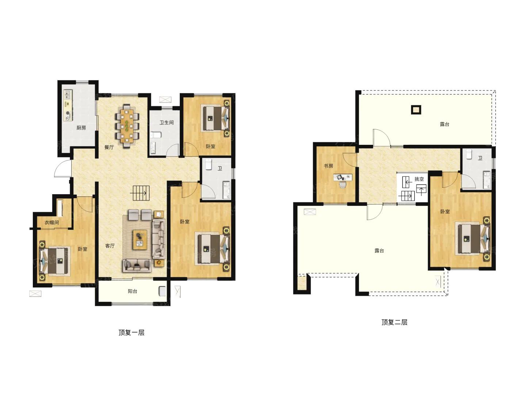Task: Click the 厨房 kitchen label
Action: click(81, 128)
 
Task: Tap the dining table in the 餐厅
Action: click(127, 125)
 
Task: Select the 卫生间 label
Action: click(167, 123)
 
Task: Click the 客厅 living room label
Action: click(110, 245)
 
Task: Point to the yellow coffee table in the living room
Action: click(140, 240)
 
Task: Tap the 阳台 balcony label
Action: click(132, 291)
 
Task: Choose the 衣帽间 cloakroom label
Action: click(52, 222)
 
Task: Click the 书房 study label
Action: click(328, 166)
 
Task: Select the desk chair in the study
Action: click(343, 184)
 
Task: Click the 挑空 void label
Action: click(419, 179)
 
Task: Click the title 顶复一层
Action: click(131, 333)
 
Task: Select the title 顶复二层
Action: click(394, 322)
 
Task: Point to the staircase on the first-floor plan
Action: click(140, 193)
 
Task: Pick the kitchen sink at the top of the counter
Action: click(68, 94)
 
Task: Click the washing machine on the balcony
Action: click(162, 291)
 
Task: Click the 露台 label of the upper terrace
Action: click(444, 124)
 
